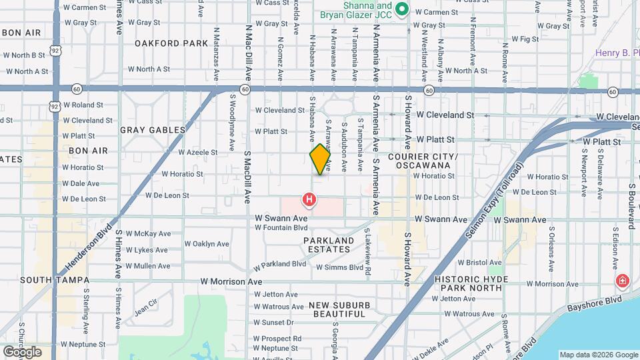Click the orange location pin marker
pyautogui.click(x=320, y=159)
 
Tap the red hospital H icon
pyautogui.click(x=309, y=199)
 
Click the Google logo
pyautogui.click(x=22, y=351)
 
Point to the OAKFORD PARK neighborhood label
pyautogui.click(x=171, y=43)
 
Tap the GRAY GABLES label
pyautogui.click(x=153, y=130)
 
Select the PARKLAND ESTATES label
pyautogui.click(x=329, y=245)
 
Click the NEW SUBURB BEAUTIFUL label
pyautogui.click(x=339, y=309)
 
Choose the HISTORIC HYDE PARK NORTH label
pyautogui.click(x=477, y=283)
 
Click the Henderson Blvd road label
pyautogui.click(x=89, y=247)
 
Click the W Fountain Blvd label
pyautogui.click(x=281, y=227)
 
